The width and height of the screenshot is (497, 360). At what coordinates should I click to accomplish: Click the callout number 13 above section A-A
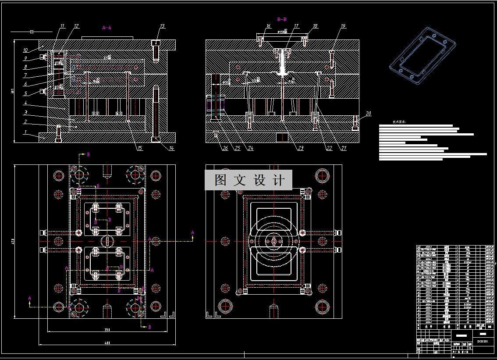162,26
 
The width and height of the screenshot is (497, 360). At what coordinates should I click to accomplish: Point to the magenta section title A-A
106,28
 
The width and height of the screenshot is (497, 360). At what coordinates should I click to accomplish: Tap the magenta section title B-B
282,19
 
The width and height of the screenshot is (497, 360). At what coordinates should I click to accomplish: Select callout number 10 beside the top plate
25,50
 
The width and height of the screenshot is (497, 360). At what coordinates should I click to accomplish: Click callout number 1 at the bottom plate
25,132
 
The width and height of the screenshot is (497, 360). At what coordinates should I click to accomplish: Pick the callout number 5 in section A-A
25,93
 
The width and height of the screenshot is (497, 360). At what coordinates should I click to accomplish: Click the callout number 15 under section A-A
139,148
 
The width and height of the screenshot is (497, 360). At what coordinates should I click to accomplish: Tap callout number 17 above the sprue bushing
296,26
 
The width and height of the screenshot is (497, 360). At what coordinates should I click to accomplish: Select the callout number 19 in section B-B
343,26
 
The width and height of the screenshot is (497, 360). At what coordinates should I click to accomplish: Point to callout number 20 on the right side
368,114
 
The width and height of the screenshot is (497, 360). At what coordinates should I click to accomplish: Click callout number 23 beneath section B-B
300,148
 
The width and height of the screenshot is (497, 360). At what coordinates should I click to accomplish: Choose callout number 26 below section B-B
225,148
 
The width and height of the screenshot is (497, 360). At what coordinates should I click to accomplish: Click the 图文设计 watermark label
248,180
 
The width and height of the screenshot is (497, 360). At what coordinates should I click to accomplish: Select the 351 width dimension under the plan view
106,330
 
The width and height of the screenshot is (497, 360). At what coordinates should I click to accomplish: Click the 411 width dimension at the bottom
106,343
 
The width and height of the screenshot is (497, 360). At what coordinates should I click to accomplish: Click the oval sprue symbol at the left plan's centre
107,241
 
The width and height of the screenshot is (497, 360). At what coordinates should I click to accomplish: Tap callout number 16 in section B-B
268,26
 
